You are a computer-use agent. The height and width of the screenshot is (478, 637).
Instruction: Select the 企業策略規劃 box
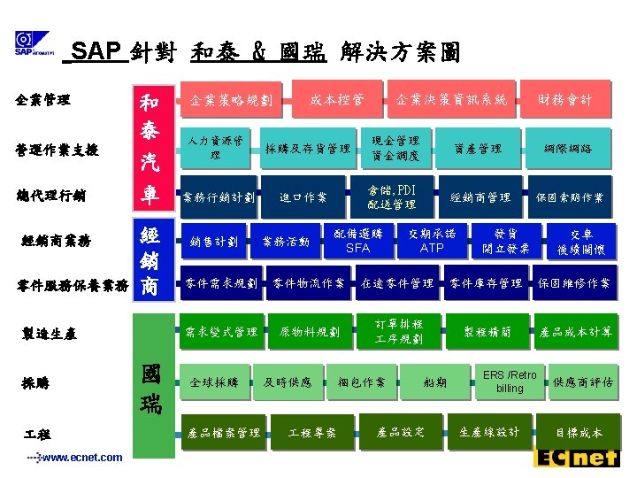(231, 101)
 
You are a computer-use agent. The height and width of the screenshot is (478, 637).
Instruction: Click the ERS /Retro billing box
(509, 382)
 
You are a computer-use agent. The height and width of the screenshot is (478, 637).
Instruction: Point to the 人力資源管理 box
(216, 149)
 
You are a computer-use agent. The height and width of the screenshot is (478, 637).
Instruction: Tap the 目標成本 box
(578, 433)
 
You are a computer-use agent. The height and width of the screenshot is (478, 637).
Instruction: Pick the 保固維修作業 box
(573, 283)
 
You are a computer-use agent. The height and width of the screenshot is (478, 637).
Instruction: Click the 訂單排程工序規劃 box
(398, 331)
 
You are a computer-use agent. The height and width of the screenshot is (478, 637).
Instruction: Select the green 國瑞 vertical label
(150, 389)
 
